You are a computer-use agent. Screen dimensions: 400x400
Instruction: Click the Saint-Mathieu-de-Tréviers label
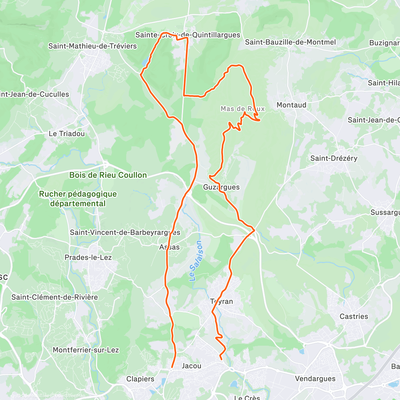tap(92, 46)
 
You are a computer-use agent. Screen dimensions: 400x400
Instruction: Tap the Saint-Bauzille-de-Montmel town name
tap(290, 42)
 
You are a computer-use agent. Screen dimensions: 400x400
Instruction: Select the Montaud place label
tap(291, 105)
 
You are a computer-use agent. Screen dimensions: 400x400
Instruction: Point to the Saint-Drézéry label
tap(334, 158)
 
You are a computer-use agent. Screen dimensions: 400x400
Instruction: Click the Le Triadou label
tap(67, 134)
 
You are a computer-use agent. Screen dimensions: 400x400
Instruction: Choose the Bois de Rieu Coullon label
tap(108, 175)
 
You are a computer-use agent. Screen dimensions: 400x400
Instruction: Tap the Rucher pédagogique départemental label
tap(78, 199)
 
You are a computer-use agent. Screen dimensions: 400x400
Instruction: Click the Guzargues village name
tap(221, 187)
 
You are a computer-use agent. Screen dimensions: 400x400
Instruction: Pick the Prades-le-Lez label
tap(88, 257)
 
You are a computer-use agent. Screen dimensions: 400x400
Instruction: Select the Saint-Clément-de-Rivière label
tap(55, 297)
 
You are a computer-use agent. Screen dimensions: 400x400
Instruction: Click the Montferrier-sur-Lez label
tap(86, 350)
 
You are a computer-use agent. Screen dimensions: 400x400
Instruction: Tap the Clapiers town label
tap(140, 379)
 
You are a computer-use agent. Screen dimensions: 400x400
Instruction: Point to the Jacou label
tap(191, 366)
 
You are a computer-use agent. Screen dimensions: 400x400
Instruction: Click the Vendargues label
tap(315, 379)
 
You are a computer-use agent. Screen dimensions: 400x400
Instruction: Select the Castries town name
tap(354, 316)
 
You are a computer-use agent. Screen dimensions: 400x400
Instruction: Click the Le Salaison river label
tap(196, 261)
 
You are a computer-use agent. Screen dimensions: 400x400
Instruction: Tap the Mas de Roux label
tap(243, 109)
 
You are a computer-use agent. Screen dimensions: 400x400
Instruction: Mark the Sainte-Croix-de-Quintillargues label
tap(188, 35)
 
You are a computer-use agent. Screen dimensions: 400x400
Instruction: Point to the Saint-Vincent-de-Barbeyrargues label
tap(125, 232)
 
